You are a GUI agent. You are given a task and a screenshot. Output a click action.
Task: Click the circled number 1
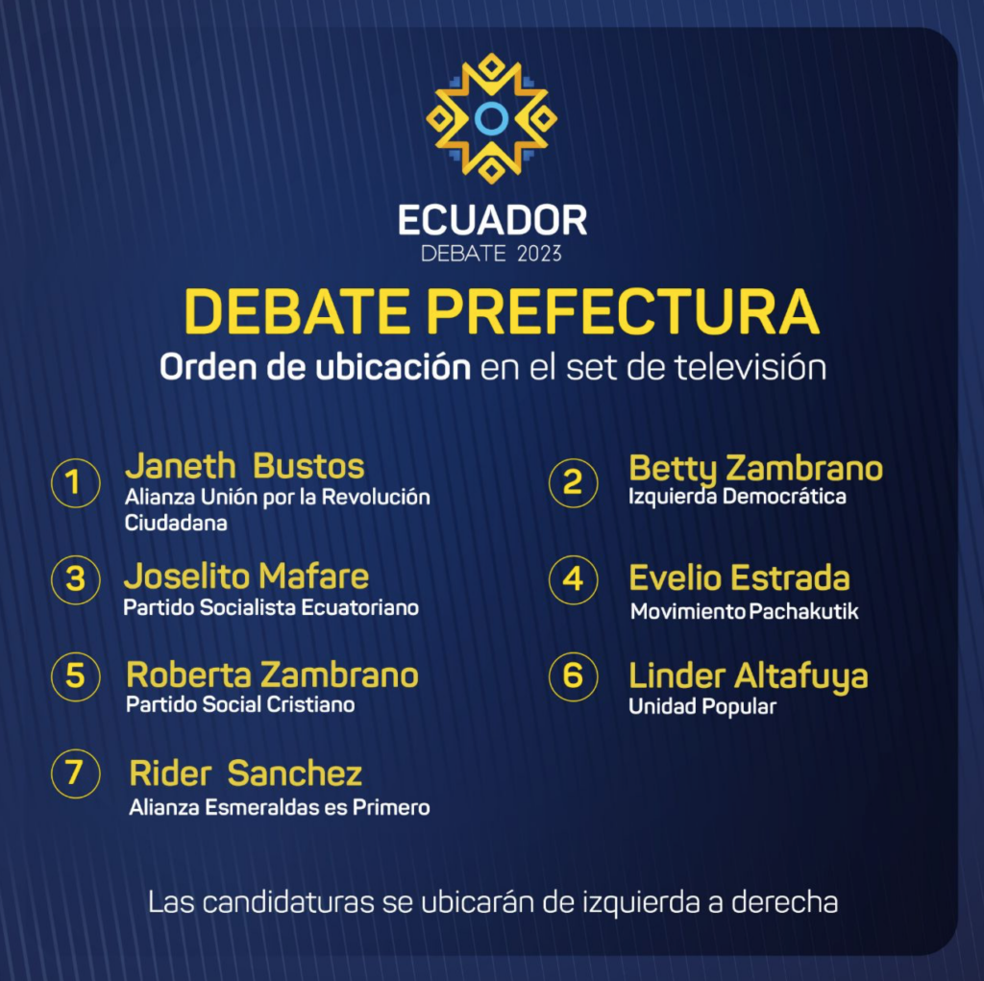coord(75,482)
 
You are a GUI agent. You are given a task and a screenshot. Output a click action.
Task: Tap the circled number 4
coord(573,579)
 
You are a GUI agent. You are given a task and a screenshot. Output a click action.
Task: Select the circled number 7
coord(75,773)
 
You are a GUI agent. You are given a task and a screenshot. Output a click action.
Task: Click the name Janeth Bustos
coord(244,466)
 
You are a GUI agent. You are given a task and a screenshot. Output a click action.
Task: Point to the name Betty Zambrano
coord(755,469)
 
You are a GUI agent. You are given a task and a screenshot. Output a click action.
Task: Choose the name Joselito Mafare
coord(246,576)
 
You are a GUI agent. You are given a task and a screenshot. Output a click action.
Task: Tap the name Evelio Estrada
coord(739,578)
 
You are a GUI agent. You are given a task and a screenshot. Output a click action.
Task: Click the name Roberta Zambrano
coord(272,675)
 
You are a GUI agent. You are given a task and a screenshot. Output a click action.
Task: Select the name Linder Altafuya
coord(748,677)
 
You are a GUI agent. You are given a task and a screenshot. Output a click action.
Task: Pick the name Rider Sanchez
coord(245,773)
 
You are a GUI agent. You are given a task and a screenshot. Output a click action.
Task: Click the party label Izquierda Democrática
coord(737,497)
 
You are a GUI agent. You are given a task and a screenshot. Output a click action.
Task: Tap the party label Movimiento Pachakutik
coord(745,611)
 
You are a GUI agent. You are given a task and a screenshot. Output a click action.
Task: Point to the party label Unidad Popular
coord(702,707)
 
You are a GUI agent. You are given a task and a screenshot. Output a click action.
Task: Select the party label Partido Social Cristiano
coord(240,705)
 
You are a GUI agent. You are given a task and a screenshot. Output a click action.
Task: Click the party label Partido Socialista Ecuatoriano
coord(271,607)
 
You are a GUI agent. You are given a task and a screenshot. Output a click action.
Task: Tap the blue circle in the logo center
coord(491,118)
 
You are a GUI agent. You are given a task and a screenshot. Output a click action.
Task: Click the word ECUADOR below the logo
coord(493,220)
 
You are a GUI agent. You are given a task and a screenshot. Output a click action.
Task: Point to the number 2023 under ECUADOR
coord(539,254)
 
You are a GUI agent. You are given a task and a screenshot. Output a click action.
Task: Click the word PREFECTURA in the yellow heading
coord(623,312)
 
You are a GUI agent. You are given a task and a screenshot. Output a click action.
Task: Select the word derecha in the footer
coord(784,902)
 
